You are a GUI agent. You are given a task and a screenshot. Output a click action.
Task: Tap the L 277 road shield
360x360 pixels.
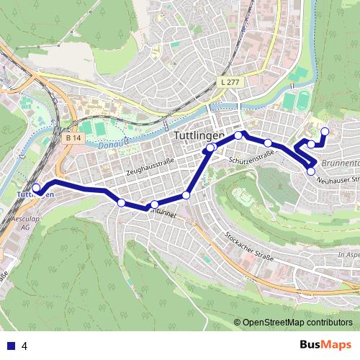230,84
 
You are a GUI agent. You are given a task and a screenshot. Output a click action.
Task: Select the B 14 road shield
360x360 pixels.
72,138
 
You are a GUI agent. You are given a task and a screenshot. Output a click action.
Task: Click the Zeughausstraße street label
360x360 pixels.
150,167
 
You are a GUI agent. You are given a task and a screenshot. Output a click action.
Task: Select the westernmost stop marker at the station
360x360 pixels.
36,188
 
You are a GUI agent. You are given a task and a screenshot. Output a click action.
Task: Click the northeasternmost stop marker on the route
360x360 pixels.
325,131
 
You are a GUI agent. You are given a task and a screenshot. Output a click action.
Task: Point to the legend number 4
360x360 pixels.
24,345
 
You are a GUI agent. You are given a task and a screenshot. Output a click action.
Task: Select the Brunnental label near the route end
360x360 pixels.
340,163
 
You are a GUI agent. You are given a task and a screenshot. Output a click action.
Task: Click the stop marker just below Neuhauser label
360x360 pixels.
311,171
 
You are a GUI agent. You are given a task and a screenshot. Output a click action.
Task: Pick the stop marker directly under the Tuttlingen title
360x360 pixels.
210,148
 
